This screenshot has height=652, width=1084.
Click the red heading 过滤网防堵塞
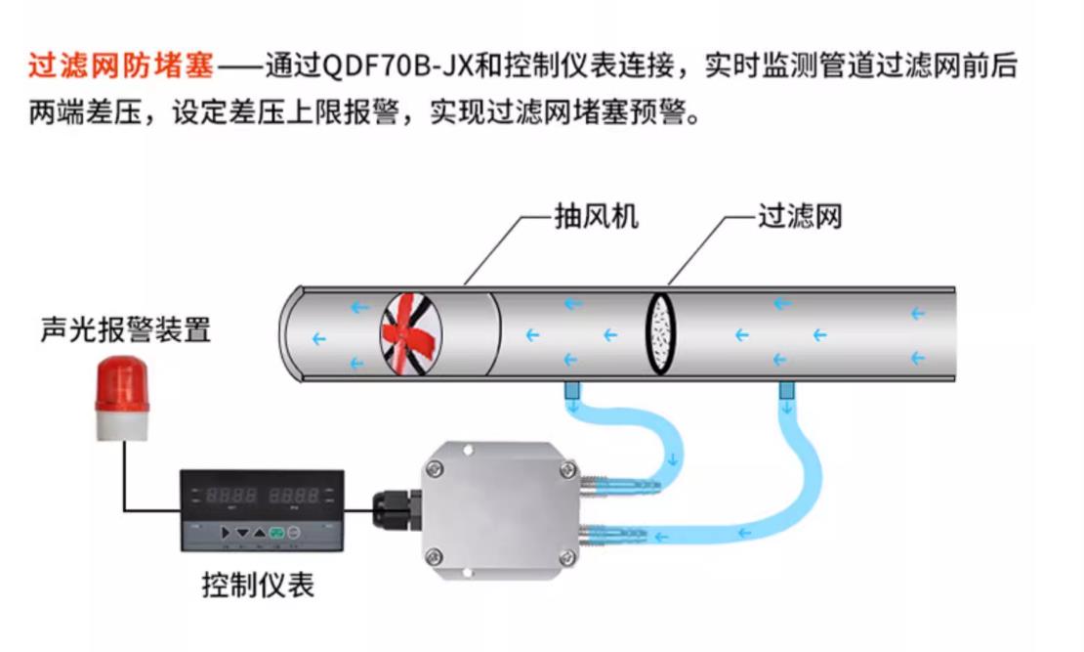coord(120,67)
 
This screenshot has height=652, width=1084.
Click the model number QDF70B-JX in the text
coord(396,67)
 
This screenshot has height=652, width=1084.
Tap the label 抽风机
coord(596,216)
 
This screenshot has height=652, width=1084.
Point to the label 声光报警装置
coord(125,329)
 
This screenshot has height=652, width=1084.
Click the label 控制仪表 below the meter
coord(259,586)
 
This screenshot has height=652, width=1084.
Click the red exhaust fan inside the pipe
coord(410,335)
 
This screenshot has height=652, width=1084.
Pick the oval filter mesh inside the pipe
coord(662,333)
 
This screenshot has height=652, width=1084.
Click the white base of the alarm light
coord(121,422)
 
